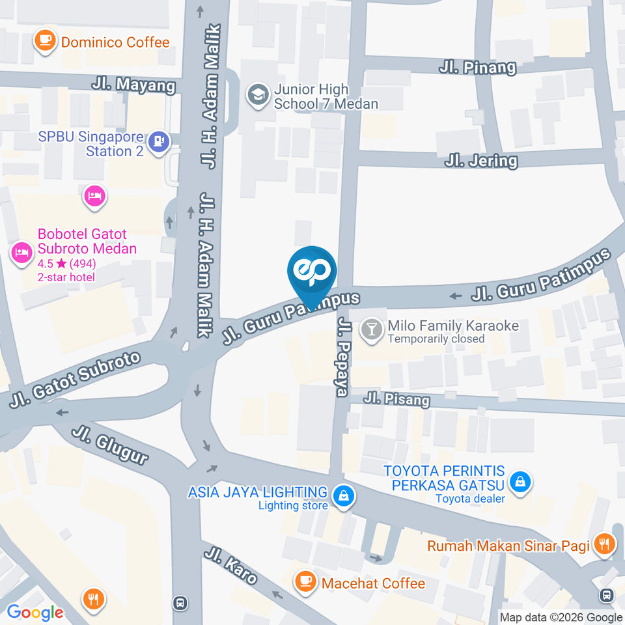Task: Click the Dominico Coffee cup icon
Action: coord(45,40)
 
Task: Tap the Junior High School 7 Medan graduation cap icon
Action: coord(258,96)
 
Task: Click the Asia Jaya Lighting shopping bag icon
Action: coord(342,497)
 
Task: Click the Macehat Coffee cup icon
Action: coord(305,581)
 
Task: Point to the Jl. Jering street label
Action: coord(481,160)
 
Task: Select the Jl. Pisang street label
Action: coord(396,398)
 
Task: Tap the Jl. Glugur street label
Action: coord(110,447)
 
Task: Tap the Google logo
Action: coord(35,613)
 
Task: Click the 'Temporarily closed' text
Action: coord(436,339)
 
